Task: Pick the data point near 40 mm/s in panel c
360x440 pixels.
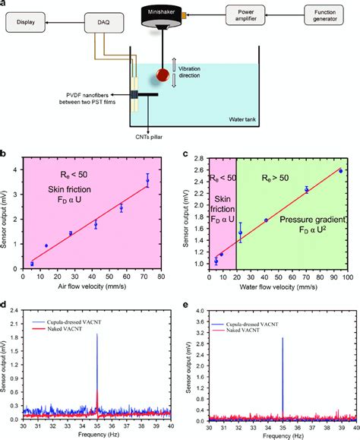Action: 266,220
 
